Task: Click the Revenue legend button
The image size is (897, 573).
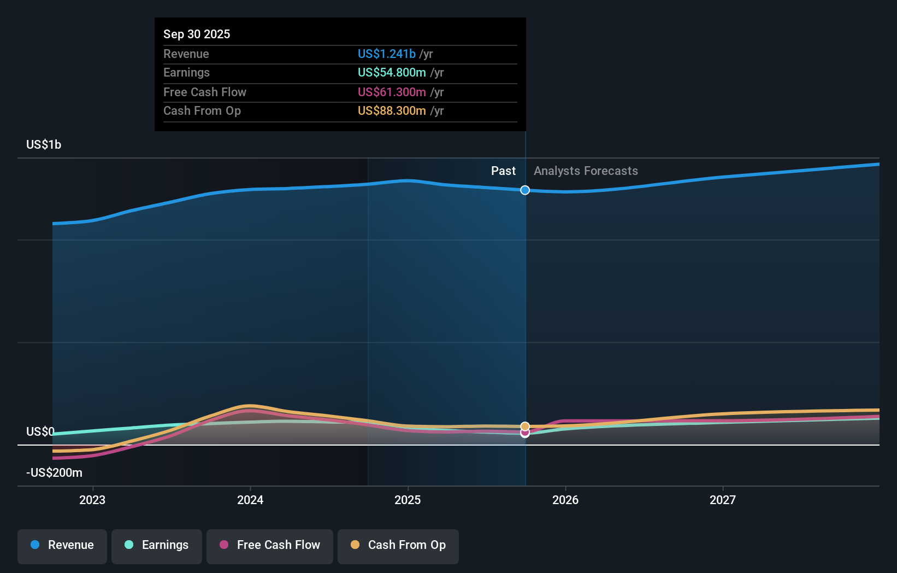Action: click(62, 546)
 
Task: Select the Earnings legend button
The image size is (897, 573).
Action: click(157, 546)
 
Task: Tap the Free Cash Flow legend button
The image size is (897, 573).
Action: click(270, 546)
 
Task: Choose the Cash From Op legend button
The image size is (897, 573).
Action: click(398, 546)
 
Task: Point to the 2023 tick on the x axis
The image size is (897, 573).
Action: click(92, 500)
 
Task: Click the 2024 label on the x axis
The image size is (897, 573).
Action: click(250, 500)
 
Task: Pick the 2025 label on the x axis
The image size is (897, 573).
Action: click(408, 500)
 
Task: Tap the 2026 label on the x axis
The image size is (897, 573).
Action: click(565, 500)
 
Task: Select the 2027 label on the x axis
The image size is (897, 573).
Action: click(722, 500)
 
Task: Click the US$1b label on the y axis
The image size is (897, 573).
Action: click(44, 145)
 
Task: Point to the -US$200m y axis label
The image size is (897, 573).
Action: click(54, 473)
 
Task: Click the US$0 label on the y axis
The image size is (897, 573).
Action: click(40, 432)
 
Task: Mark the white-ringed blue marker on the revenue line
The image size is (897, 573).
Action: click(525, 190)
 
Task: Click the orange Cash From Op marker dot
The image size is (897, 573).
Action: click(525, 426)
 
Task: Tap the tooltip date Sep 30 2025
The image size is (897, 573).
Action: click(197, 34)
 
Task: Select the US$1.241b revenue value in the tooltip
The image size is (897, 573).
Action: click(387, 54)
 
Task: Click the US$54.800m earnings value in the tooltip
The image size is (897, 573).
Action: click(392, 73)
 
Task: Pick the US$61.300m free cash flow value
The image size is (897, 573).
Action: click(392, 92)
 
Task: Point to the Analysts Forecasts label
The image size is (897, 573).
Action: click(586, 171)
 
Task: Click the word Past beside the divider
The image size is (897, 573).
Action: click(503, 171)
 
